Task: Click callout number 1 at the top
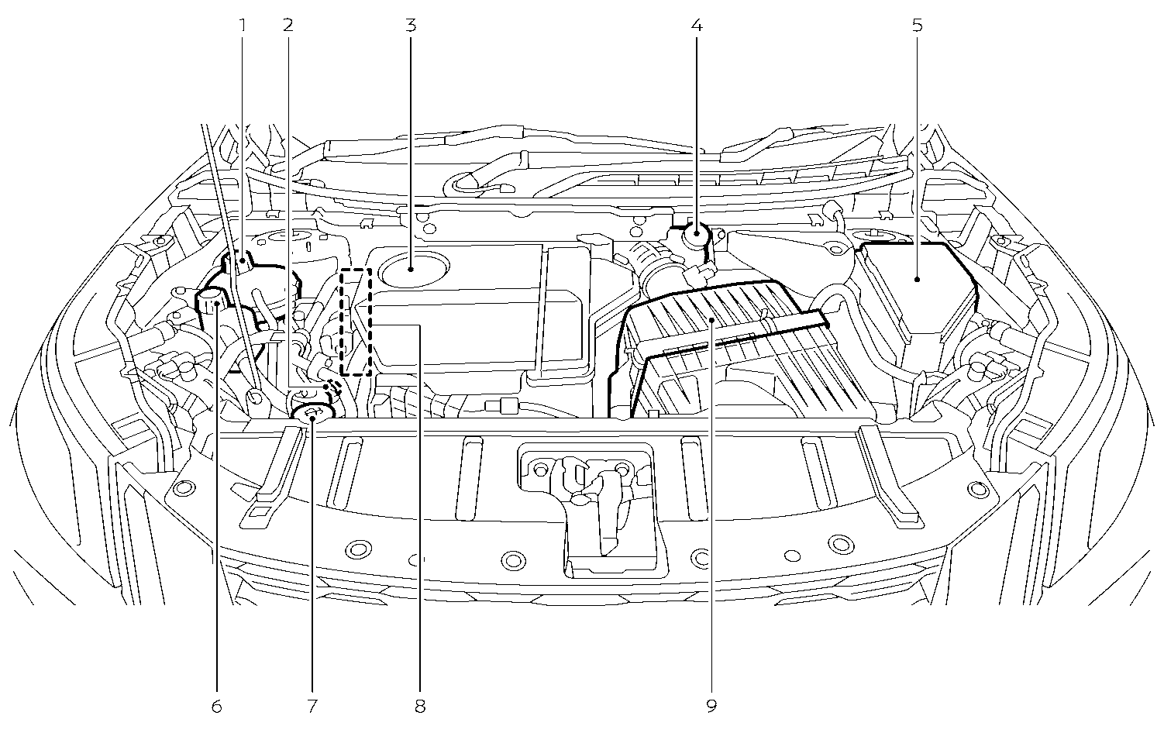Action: [242, 25]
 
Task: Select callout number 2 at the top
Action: [288, 25]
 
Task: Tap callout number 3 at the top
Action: [411, 25]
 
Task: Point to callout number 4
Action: [697, 25]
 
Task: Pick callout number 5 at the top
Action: [917, 25]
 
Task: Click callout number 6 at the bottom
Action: [217, 706]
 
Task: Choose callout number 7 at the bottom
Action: [312, 706]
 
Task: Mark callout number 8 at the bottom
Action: [420, 706]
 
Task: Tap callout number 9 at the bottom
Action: [711, 706]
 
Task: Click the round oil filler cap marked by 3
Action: [414, 269]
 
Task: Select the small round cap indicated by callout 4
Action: [697, 234]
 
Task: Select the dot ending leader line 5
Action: [917, 280]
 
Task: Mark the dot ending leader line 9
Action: [711, 322]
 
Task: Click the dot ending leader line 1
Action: [242, 260]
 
